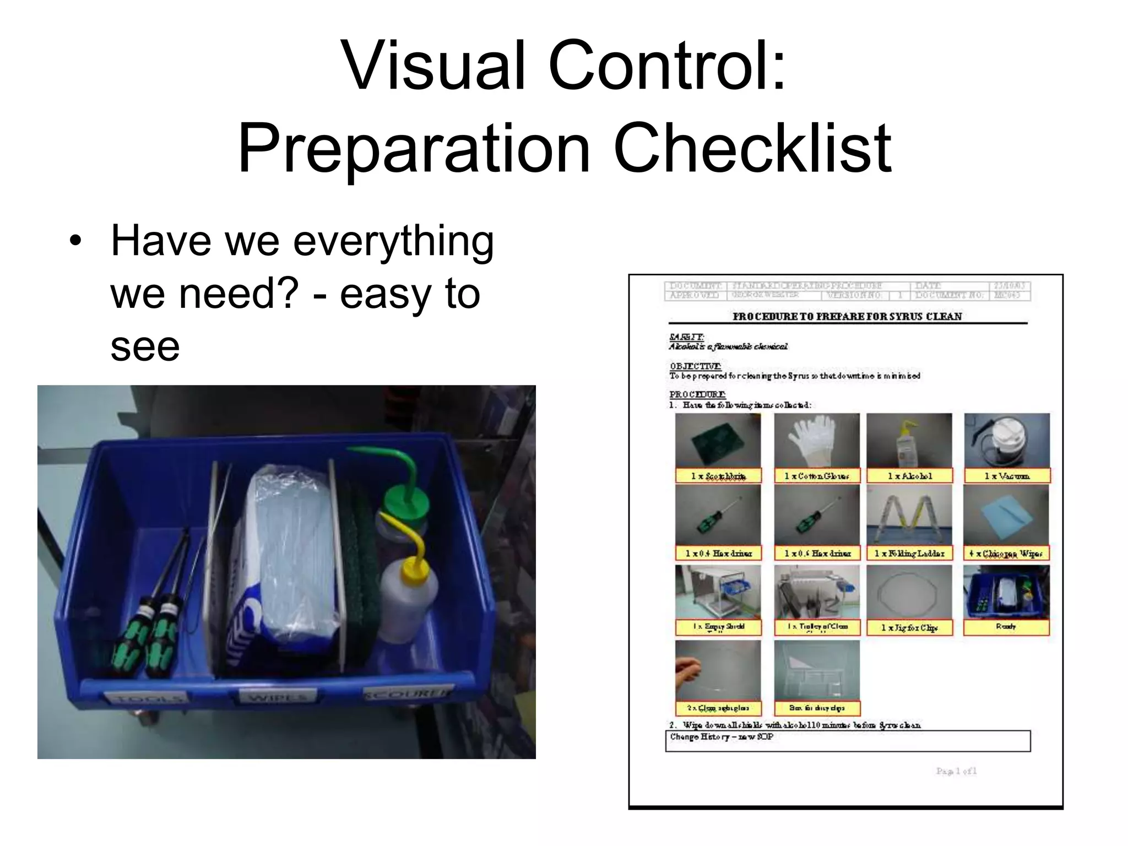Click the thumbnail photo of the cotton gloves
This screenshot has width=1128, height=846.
[816, 441]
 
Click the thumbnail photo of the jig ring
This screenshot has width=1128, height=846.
[909, 592]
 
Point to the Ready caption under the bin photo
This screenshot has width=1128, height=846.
[1006, 627]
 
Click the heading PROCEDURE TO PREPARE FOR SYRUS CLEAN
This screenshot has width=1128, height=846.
[847, 317]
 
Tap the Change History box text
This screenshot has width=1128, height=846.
[722, 737]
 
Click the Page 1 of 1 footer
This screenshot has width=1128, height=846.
[956, 771]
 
